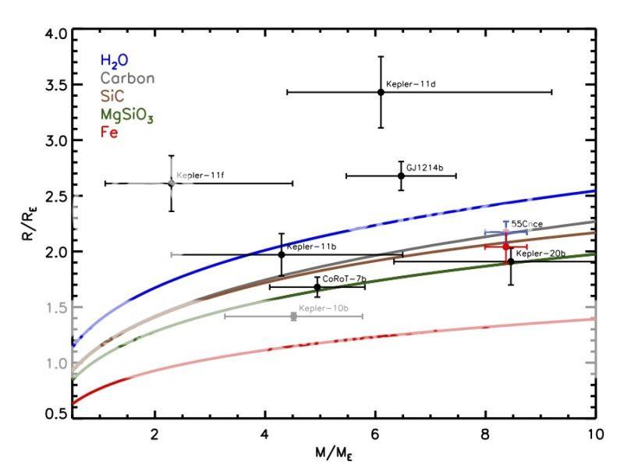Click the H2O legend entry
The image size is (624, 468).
114,60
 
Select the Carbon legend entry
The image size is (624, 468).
126,78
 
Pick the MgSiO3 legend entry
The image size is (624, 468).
127,115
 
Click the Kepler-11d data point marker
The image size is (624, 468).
381,92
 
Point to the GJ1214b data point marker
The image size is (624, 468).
401,175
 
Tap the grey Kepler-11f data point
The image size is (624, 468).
171,183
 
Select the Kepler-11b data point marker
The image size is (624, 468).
282,254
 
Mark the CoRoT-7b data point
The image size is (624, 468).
317,287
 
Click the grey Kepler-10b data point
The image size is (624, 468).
293,316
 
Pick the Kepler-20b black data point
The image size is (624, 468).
511,261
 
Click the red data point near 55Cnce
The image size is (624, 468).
505,246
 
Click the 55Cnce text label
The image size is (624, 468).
526,224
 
